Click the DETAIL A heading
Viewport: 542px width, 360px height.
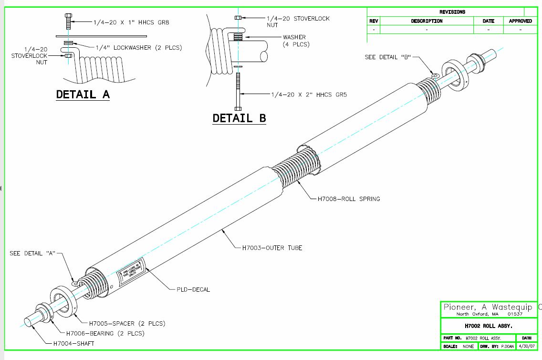point(83,94)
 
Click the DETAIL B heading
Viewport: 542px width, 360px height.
point(239,118)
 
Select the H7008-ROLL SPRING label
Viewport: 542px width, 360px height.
point(349,199)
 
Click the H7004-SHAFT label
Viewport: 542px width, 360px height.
point(73,343)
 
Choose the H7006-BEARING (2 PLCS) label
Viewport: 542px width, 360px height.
point(105,333)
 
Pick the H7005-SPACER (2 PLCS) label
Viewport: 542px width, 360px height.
point(121,323)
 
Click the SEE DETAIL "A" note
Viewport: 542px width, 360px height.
point(33,253)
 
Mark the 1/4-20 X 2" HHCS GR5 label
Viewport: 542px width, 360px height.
point(309,95)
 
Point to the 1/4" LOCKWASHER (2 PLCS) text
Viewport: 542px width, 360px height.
point(139,47)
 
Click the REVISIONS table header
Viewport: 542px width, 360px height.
point(452,12)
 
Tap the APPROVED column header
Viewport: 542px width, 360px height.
point(520,21)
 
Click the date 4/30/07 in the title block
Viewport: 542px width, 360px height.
point(527,346)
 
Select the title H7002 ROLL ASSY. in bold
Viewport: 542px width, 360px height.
point(488,326)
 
